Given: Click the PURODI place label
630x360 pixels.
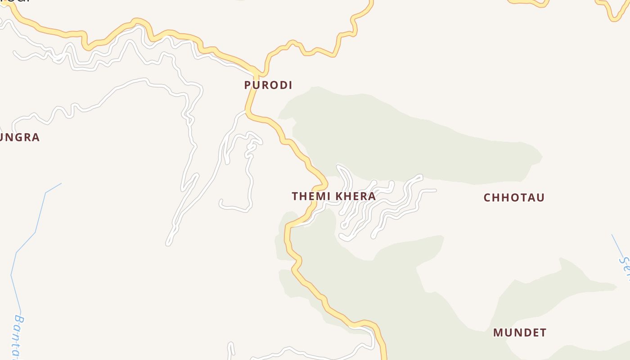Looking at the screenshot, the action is [x=268, y=85].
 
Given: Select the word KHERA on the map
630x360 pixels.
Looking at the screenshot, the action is [x=355, y=197].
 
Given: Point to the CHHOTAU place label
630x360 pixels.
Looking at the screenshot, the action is [x=514, y=198].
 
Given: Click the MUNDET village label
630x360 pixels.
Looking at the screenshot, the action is [x=520, y=333].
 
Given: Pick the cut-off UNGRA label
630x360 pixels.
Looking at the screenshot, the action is [x=19, y=138].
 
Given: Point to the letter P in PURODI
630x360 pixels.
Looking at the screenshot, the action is [x=247, y=85].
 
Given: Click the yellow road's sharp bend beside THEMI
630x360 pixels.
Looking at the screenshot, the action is [x=325, y=185].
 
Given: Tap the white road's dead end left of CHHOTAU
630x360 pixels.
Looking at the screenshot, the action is [x=435, y=191].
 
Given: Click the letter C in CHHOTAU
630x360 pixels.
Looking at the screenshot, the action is [x=487, y=198].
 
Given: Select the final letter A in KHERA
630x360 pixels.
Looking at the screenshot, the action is [x=372, y=197].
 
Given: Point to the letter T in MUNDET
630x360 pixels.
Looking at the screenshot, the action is [x=543, y=333].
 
